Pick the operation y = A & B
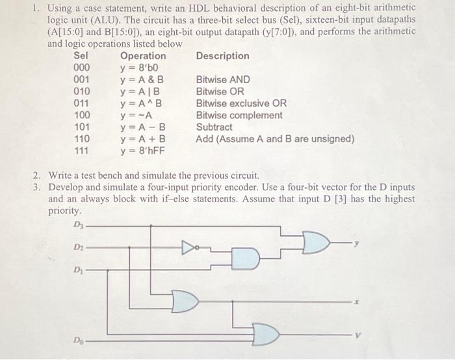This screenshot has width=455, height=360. coord(142,80)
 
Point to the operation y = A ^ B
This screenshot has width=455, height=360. coord(142,103)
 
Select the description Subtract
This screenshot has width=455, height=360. coord(214,127)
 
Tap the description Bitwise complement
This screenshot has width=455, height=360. coord(239,115)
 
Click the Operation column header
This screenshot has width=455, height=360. coord(143,56)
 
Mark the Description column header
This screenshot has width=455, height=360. coord(222,56)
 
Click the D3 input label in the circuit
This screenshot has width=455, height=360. coord(79,225)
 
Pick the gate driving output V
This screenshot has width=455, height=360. coord(265,335)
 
